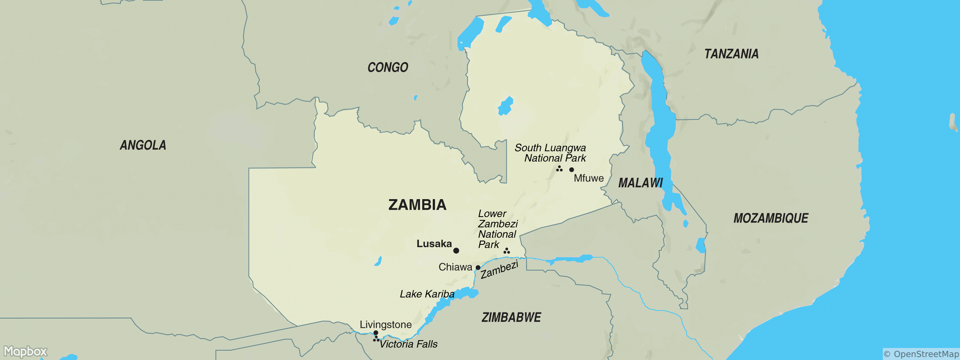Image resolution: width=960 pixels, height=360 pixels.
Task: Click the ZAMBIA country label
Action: coord(417,205)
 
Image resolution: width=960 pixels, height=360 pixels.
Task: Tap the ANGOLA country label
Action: coord(143,145)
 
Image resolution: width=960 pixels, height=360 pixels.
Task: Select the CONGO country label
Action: coord(388,67)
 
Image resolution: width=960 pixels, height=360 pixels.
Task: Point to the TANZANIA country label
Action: coord(731,54)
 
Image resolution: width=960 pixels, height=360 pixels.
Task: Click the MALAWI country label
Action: coord(640,183)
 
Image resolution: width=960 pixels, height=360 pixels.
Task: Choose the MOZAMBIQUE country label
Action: coord(771,218)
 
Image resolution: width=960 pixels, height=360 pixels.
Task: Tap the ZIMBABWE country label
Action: coord(511,317)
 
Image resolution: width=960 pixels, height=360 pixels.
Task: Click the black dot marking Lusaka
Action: coord(456,250)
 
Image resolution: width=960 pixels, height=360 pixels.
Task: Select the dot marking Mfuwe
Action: coord(571,169)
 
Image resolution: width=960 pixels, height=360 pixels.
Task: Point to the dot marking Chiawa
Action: coord(478,268)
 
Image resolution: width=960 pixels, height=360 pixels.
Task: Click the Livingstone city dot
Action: coord(376,333)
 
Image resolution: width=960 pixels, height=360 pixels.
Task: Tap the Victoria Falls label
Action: coord(408,344)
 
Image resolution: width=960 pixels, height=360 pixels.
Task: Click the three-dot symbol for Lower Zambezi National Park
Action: coord(506,251)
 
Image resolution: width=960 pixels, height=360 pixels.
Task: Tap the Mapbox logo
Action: coord(25,351)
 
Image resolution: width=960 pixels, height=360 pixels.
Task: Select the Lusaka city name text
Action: coord(434,244)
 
